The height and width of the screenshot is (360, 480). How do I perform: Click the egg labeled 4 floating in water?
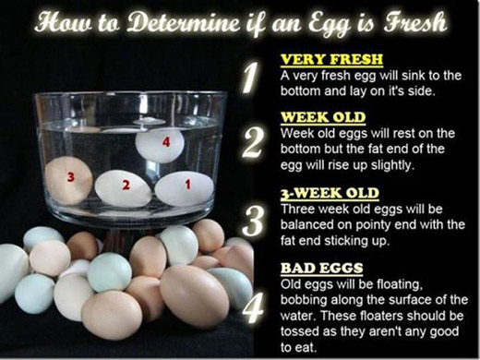tap(160, 145)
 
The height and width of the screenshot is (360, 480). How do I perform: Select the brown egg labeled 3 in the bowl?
tap(69, 180)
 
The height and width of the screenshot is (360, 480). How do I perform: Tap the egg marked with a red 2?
tap(123, 188)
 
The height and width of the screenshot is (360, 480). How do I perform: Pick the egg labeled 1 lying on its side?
tap(185, 188)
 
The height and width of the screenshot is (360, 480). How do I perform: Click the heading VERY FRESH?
tap(331, 59)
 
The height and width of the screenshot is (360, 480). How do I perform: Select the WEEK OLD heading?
tap(323, 117)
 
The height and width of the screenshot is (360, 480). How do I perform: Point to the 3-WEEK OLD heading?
tap(330, 193)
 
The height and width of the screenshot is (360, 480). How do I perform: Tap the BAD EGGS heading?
tap(321, 268)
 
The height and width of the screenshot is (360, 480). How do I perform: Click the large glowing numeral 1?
tap(252, 78)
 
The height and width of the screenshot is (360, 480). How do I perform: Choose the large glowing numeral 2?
tap(253, 143)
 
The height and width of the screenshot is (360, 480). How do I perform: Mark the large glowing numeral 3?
tap(253, 221)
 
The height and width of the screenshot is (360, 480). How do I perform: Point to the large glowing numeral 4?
tap(253, 307)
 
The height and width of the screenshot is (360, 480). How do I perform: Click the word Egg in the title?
tap(330, 25)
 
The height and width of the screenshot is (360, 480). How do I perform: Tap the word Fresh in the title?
tap(415, 22)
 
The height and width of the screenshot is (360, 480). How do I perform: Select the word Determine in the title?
tap(183, 22)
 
